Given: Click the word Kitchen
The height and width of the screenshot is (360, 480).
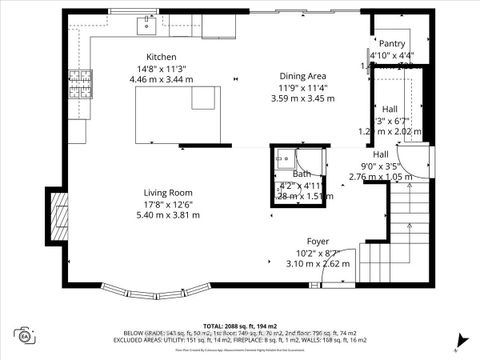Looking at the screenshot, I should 161,56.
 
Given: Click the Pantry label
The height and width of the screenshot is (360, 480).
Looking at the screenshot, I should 392,44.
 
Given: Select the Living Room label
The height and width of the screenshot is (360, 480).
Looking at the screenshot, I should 167,192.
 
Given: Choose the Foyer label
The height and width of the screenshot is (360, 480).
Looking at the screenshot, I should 318,241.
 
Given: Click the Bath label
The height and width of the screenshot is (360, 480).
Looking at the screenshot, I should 302,174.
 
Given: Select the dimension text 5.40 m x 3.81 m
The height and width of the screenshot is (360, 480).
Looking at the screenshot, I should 167,215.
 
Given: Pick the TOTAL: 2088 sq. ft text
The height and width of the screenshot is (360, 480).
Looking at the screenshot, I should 239,326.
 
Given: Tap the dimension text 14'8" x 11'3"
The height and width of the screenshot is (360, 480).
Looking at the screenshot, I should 161,68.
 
